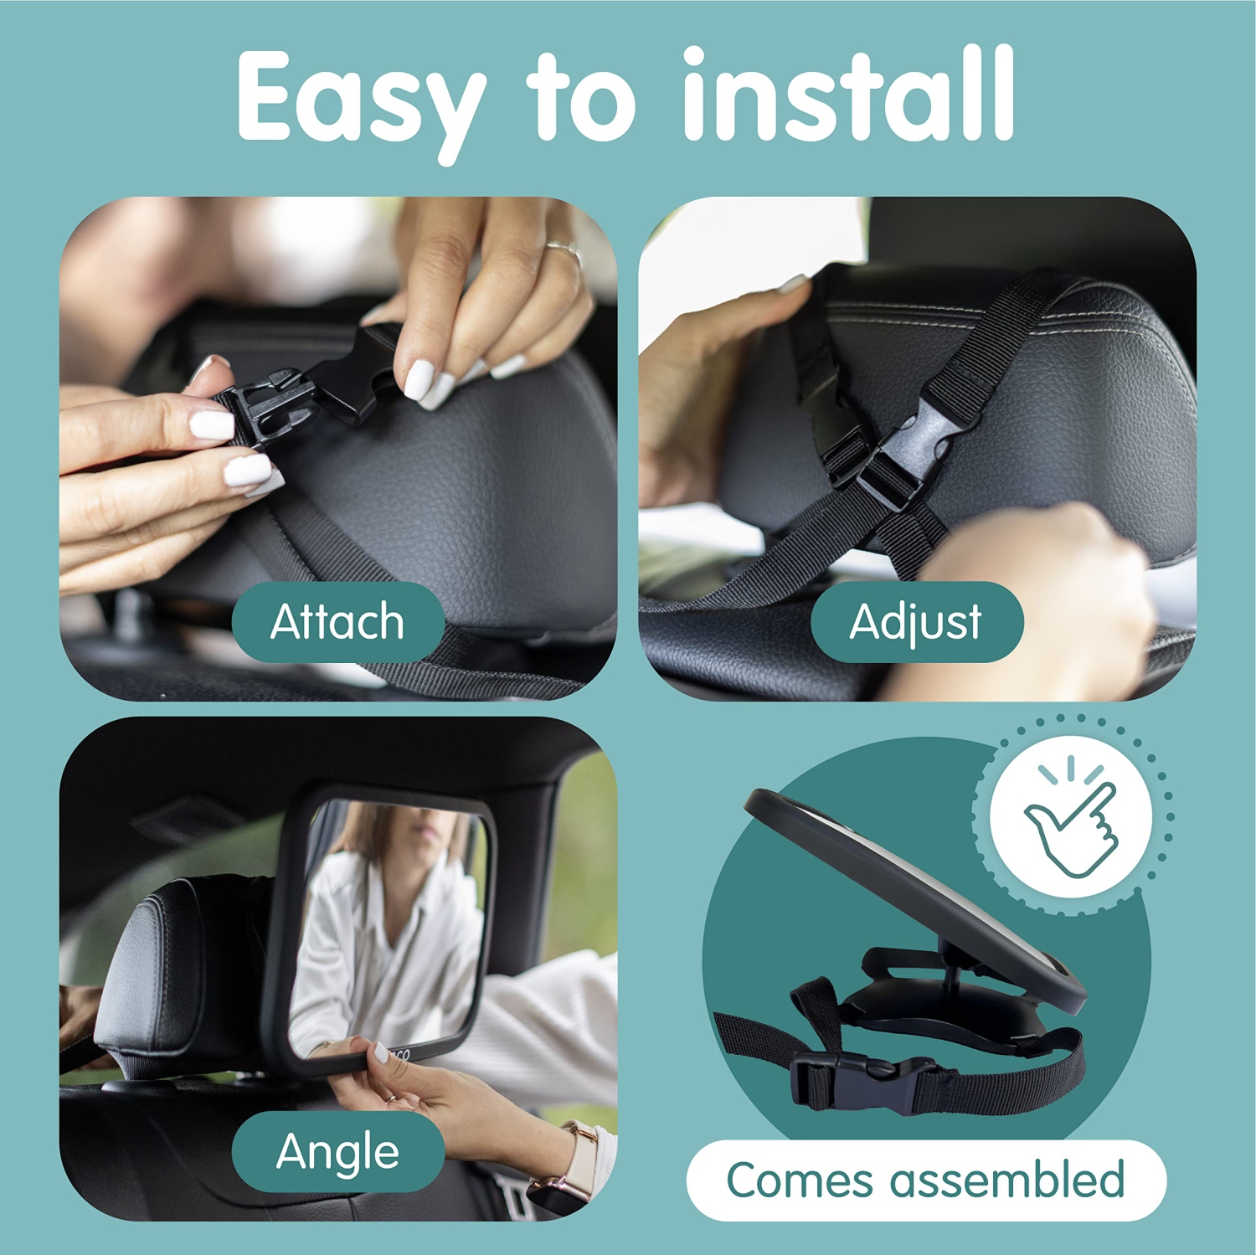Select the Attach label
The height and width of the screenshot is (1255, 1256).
click(x=337, y=622)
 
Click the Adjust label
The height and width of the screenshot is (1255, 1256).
click(x=916, y=622)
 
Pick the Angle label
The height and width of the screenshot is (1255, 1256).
click(x=337, y=1151)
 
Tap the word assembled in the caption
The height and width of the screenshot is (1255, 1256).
click(x=1006, y=1180)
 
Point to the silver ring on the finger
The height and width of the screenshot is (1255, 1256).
click(x=564, y=249)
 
